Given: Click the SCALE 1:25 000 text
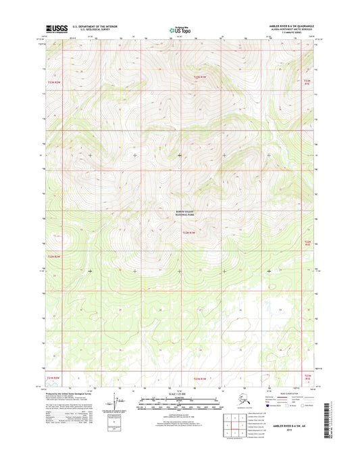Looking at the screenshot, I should [180, 395].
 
